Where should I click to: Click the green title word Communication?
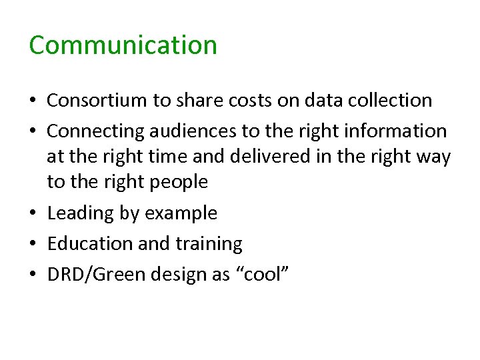(123, 45)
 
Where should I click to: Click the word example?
(180, 213)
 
